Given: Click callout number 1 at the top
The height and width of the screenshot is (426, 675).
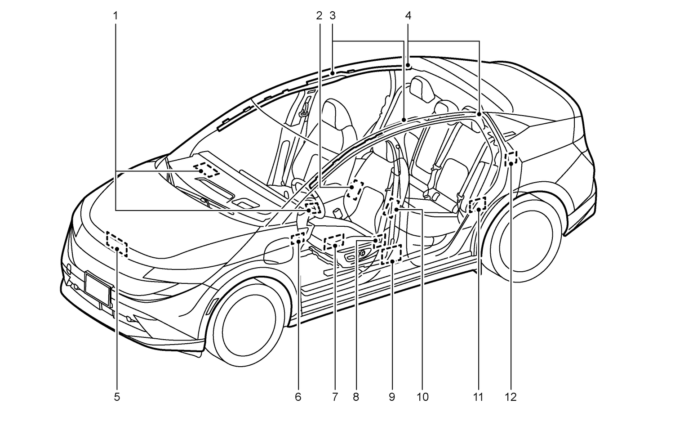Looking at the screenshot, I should point(115,16).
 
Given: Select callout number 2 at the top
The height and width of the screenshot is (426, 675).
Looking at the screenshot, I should point(319,16).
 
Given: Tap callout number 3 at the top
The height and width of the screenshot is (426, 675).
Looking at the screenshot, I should point(333,16).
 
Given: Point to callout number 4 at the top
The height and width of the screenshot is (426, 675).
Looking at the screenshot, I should point(408,16).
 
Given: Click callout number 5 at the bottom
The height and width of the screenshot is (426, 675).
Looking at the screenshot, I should point(117,397).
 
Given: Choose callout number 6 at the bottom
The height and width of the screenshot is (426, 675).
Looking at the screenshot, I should point(298,397).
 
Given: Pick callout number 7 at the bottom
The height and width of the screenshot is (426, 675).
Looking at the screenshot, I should point(335,397).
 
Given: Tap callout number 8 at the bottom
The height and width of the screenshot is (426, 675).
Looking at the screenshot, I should point(356,397).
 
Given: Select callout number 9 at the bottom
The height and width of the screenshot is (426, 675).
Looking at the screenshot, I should point(391,397).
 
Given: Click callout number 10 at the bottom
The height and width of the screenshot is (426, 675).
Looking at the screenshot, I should point(422,397).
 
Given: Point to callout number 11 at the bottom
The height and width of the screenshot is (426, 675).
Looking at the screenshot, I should point(478,397).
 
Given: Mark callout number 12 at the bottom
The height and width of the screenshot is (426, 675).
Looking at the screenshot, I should point(511,397).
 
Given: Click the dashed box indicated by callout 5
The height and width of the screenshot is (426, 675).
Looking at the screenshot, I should point(117,244).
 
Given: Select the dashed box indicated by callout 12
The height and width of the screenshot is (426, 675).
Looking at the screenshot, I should point(511,158).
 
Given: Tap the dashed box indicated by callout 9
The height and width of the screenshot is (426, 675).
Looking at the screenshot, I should point(391,255).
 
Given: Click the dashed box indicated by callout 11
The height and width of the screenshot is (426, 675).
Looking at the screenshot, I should point(477,205).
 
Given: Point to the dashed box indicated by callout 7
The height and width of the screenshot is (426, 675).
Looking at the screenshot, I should point(334,241).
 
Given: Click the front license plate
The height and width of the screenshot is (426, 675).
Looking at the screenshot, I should point(97,291).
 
